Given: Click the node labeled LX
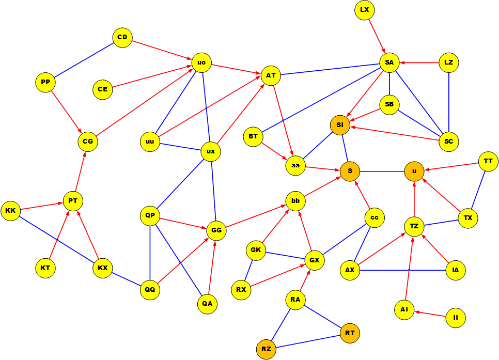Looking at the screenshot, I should click(365, 10).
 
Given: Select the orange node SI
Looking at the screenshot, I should click(340, 125).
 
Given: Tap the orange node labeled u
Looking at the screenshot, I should click(414, 171).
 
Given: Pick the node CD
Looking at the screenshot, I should click(122, 38).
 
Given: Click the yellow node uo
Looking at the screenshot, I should click(201, 63).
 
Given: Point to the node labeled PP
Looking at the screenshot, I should click(45, 82).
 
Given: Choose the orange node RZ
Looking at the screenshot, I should click(266, 350).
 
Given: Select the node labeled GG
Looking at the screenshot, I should click(216, 230).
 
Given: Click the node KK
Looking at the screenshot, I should click(10, 211).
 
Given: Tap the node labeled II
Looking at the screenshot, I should click(456, 318).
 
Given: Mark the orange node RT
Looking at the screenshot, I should click(350, 333).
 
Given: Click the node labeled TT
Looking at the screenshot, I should click(488, 162).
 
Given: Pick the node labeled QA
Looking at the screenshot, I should click(207, 304).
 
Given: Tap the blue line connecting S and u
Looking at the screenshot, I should click(382, 171).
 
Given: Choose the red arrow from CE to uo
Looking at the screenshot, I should click(152, 76).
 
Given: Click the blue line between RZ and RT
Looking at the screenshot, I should click(308, 341).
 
